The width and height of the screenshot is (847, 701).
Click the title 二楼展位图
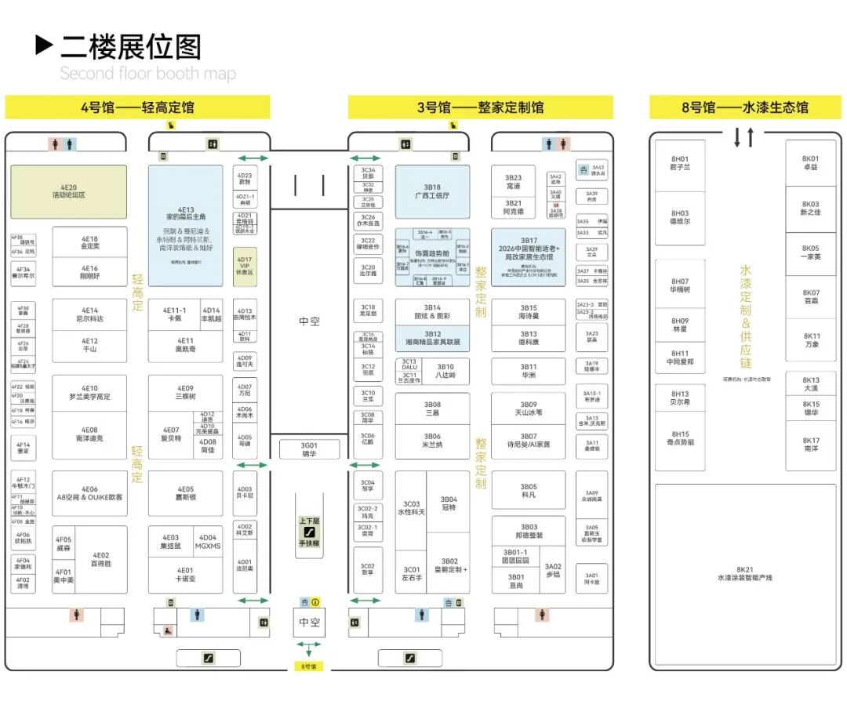(130, 47)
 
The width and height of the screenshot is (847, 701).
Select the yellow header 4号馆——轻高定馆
(137, 107)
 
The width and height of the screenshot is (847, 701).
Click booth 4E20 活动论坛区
(68, 191)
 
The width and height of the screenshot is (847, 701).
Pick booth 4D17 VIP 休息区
(245, 266)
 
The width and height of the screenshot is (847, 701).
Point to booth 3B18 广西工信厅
(432, 191)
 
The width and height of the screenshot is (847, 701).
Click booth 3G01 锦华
(309, 449)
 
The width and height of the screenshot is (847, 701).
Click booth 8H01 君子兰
(679, 163)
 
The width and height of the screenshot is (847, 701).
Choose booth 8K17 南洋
(811, 445)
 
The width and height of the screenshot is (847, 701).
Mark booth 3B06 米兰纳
(432, 441)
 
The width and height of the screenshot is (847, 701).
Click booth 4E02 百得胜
(101, 559)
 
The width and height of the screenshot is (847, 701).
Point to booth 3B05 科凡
(529, 491)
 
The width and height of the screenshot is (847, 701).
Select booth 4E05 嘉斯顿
(185, 493)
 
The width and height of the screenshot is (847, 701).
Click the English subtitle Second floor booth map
(147, 74)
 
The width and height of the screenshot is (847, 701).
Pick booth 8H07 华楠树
(679, 285)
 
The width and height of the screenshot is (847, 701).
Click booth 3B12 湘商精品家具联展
(432, 338)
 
